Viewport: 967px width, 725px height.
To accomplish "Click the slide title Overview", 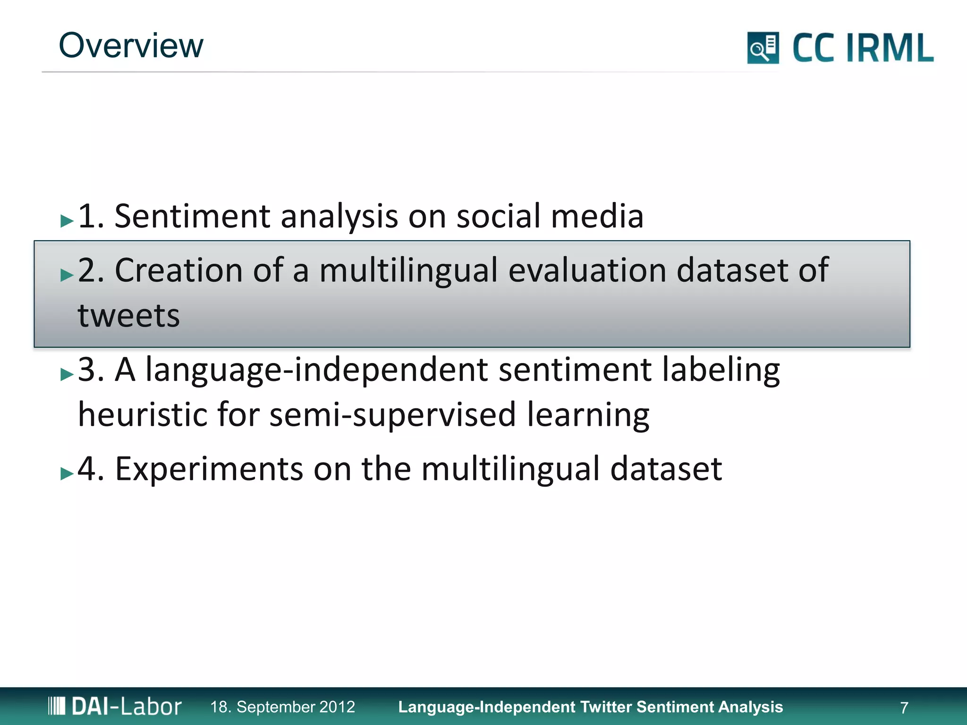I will [131, 46].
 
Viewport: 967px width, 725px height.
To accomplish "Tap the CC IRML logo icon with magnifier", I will [763, 48].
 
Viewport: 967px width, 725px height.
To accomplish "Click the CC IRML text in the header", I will [863, 48].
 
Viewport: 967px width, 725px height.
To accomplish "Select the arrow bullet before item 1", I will [67, 220].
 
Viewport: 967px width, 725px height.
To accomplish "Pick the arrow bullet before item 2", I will [67, 275].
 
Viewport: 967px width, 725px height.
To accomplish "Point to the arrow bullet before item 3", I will [67, 374].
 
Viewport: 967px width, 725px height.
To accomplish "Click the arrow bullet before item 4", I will [67, 473].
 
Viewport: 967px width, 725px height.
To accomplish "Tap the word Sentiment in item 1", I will [192, 216].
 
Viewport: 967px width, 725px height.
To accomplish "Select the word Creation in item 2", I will [178, 270].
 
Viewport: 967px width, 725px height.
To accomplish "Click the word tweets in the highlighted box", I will [129, 315].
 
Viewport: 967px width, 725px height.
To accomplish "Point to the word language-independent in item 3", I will [316, 370].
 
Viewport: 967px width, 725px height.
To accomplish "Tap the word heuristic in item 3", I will [142, 414].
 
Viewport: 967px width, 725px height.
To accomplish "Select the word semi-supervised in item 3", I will [392, 414].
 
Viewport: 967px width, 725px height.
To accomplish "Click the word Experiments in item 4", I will [209, 469].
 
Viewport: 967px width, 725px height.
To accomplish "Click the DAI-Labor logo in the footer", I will [115, 707].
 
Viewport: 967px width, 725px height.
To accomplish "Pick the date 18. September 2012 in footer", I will [282, 707].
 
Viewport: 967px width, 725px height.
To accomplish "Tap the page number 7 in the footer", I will [904, 708].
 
